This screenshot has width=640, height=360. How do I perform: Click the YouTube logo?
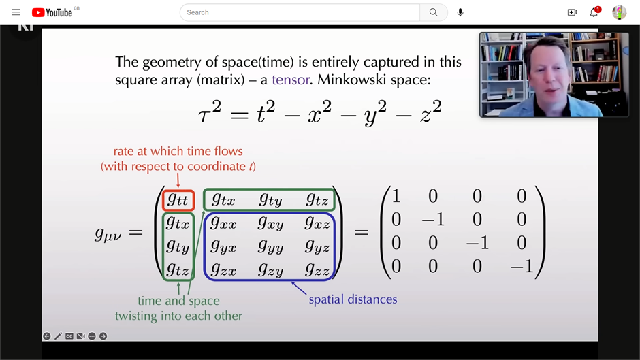[x=52, y=12]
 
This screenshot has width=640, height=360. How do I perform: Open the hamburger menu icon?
[x=16, y=12]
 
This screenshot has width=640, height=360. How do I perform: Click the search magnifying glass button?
[x=433, y=12]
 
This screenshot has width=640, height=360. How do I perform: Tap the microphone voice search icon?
[x=460, y=12]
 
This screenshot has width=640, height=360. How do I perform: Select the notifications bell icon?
[x=594, y=12]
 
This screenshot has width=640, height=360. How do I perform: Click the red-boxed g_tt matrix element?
[x=178, y=200]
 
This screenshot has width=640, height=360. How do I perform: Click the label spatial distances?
[x=353, y=299]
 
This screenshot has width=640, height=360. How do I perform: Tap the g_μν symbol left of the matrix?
[x=108, y=234]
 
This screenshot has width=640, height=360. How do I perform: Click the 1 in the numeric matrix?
[x=396, y=197]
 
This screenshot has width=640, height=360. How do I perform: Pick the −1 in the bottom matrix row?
[x=522, y=267]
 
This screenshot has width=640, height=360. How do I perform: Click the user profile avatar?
[x=619, y=12]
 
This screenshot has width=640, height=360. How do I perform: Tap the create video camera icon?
[x=572, y=12]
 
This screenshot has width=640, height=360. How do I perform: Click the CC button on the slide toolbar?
[x=69, y=336]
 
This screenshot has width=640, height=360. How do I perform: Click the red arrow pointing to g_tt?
[x=178, y=180]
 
